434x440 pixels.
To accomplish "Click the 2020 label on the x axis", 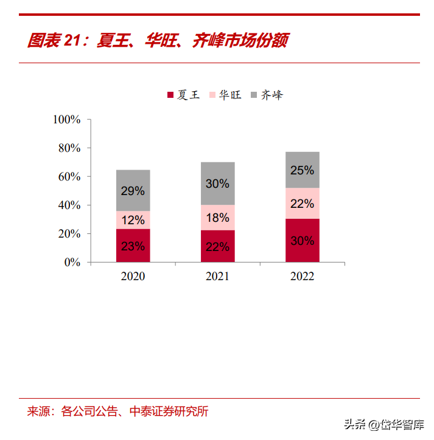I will pos(133,277).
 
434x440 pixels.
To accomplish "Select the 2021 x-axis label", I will pos(217,277).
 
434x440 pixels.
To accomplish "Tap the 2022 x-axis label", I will pos(302,277).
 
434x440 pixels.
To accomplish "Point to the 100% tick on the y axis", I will pos(67,120).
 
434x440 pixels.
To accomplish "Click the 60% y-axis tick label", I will pos(69,177).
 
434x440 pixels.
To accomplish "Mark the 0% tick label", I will pos(72,263).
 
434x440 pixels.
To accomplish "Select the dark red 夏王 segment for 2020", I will pos(133,246).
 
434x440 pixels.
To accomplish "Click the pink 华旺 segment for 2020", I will pos(133,219).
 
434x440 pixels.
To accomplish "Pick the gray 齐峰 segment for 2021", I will pos(217,183).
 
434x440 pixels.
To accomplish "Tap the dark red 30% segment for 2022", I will pos(302,241).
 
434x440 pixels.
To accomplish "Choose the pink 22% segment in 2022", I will pos(302,204).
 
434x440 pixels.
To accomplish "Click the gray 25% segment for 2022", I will pos(302,170).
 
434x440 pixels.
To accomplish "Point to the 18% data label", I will pos(217,218).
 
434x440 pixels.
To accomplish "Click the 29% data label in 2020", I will pos(133,191).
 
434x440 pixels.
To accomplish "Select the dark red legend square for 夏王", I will pos(170,95).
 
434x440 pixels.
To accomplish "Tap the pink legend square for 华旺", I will pos(212,95).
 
